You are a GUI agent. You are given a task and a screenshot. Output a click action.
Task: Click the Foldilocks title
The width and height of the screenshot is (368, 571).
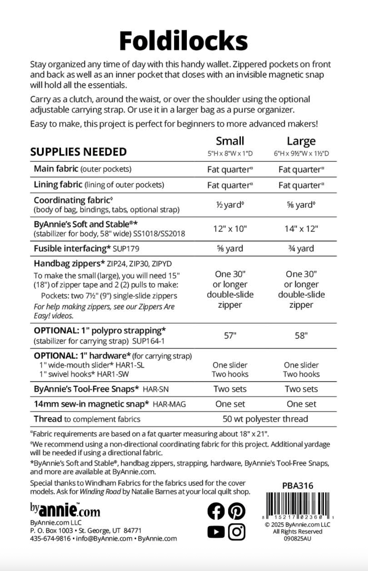tap(183, 41)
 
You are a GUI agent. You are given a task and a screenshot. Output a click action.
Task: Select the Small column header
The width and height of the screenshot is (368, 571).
tap(230, 141)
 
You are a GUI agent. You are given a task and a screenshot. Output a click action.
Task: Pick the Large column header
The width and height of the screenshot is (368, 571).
tap(301, 141)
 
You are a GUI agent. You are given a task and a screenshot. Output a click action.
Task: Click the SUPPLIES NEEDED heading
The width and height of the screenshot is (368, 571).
tap(78, 152)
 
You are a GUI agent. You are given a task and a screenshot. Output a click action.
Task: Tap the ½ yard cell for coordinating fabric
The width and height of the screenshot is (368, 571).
tap(230, 205)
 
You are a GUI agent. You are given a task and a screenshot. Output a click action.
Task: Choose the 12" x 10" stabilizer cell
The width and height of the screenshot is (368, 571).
tap(230, 229)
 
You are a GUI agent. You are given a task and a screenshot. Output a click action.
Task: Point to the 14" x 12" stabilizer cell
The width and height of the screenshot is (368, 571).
tap(301, 229)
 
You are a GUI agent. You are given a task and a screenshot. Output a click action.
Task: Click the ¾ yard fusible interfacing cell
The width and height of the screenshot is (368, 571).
tap(301, 248)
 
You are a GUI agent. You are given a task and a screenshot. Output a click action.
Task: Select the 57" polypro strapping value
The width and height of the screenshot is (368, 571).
tap(230, 335)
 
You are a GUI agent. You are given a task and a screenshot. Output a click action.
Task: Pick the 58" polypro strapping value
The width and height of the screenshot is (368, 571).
tap(301, 335)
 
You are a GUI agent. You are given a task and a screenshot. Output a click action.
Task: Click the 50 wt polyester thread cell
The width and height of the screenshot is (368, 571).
tap(265, 419)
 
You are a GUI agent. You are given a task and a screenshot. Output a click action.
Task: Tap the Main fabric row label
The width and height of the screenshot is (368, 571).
tap(56, 169)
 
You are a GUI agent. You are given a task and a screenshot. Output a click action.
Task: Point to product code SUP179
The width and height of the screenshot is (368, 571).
tap(126, 249)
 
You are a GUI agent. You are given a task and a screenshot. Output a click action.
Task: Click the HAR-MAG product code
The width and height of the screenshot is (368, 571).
tap(169, 404)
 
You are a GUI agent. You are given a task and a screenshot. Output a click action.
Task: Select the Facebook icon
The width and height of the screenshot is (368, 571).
tap(216, 511)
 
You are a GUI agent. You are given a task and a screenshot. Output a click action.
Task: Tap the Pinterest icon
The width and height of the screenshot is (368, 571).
tap(236, 511)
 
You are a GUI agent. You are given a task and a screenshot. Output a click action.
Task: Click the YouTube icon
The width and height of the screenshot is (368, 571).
tap(216, 532)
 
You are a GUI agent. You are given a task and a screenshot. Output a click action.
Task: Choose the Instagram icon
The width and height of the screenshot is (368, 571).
tap(236, 532)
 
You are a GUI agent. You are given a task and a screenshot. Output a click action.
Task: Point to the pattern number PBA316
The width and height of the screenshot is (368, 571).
tap(298, 486)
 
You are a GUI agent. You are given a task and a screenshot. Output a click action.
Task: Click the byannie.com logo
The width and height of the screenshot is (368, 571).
tap(65, 510)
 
